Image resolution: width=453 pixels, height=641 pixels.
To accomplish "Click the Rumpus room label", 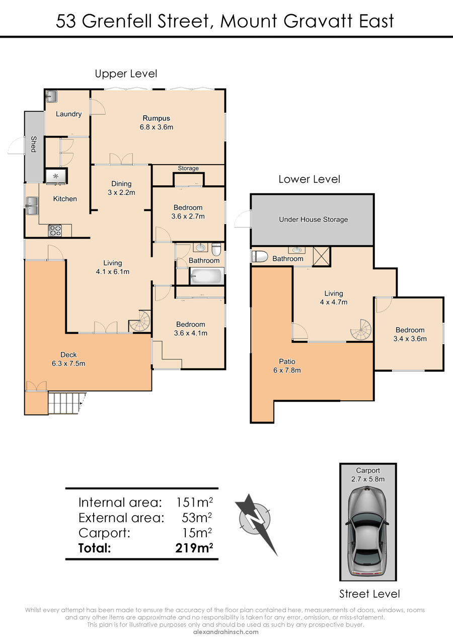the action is [x=156, y=118].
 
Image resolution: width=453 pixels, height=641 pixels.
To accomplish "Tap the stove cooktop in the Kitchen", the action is [x=55, y=231].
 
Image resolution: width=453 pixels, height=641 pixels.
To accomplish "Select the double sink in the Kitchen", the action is [x=32, y=206].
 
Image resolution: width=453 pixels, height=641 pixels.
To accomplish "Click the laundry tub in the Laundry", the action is [x=51, y=96].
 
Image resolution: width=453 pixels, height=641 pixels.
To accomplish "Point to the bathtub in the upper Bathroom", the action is [x=207, y=276].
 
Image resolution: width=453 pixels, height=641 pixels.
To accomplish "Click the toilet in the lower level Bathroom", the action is [x=260, y=256].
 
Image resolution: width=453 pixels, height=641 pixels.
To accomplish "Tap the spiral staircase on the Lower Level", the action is [x=361, y=330].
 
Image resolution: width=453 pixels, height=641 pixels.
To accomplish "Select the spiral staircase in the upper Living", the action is [x=140, y=321].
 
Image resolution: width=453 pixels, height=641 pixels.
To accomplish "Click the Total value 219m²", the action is [x=194, y=548].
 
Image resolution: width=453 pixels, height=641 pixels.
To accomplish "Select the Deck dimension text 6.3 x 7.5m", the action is [x=68, y=364].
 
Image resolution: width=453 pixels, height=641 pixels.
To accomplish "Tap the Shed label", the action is [x=34, y=144].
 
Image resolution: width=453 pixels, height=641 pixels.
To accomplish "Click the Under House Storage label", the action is [x=314, y=220].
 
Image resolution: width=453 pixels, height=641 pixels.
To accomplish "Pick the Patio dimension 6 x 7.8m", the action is [x=287, y=370].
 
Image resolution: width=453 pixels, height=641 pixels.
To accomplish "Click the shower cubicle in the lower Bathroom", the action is [x=322, y=256].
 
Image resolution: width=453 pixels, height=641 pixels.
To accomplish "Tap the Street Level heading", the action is [x=369, y=594].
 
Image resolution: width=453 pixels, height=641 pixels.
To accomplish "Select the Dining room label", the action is [x=121, y=184].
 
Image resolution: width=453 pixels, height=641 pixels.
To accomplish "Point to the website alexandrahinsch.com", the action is [x=226, y=632].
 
